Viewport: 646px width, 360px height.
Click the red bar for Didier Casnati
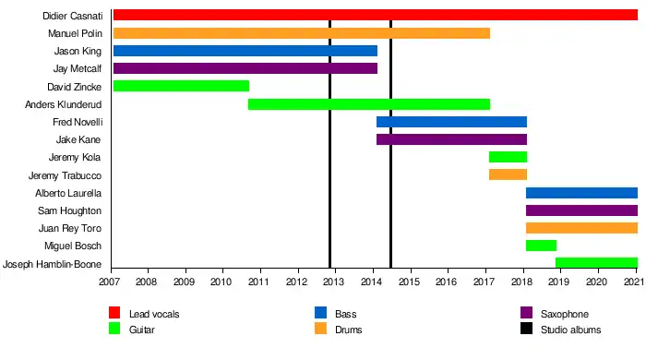(x=376, y=15)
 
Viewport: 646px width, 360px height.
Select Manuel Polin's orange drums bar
(x=302, y=33)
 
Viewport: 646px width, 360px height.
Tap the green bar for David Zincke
(x=181, y=86)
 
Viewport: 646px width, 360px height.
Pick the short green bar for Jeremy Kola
(x=508, y=157)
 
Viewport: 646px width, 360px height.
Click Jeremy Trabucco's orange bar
(x=508, y=174)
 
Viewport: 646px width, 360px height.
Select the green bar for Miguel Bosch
(x=542, y=246)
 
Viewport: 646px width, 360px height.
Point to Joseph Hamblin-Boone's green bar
(x=596, y=262)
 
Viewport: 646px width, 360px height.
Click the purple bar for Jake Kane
(x=451, y=139)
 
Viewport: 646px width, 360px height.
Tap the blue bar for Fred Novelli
(x=451, y=122)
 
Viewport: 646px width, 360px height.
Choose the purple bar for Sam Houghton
(x=581, y=210)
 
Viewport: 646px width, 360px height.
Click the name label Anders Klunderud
(x=63, y=104)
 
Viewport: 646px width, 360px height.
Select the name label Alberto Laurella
(x=68, y=193)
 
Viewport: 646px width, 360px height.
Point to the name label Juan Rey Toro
(x=69, y=228)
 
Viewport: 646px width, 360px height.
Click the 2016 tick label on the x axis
(x=446, y=282)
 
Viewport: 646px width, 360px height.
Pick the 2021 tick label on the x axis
(x=634, y=282)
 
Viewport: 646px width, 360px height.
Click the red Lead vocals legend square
(x=114, y=313)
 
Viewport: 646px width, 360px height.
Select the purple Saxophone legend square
(x=527, y=313)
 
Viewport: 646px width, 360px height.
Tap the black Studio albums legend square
(x=527, y=329)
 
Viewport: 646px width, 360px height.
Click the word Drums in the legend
(x=349, y=330)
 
